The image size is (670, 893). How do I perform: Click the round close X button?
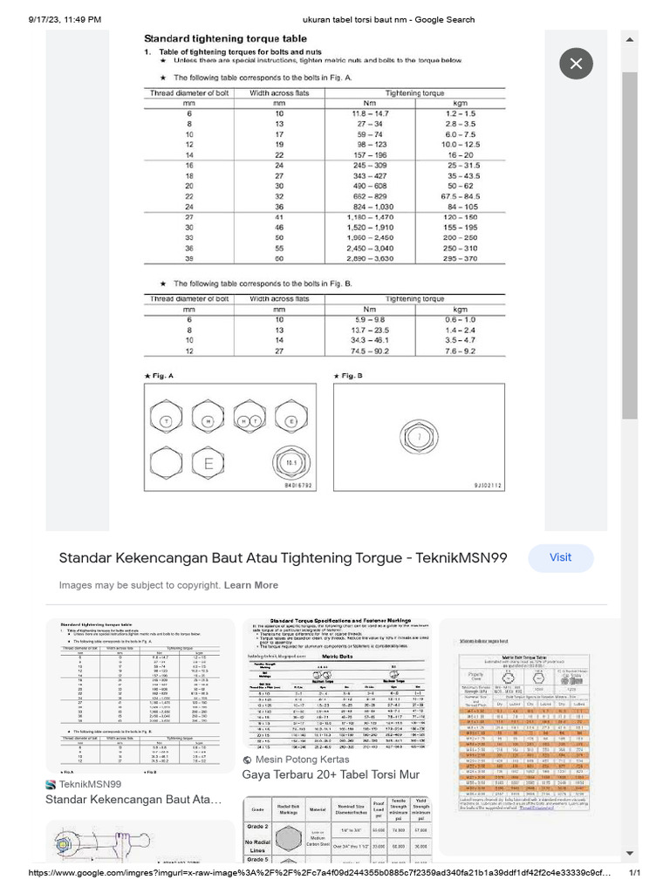pos(576,64)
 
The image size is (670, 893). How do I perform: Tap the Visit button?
pos(560,557)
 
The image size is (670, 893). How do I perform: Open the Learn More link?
pos(251,585)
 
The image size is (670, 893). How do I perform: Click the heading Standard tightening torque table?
pos(225,39)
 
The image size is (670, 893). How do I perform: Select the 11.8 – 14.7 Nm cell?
pos(371,114)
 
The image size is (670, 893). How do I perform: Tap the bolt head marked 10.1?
pos(290,460)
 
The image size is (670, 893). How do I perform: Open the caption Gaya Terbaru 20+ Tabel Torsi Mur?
pos(331,774)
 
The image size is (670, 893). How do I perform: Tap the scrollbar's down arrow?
pos(630,853)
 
